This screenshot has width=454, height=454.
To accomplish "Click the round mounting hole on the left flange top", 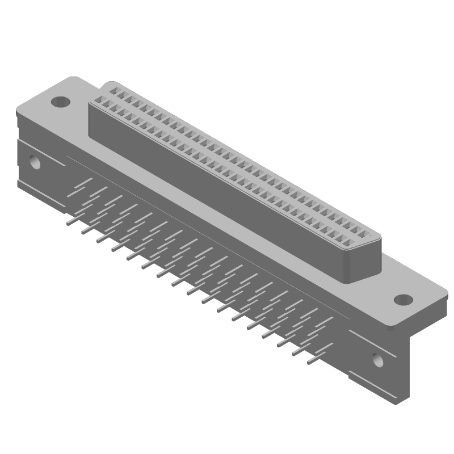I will [x=60, y=102].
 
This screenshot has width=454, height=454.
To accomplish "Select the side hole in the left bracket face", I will [x=35, y=163].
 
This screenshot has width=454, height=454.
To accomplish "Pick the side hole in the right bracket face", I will [x=377, y=359].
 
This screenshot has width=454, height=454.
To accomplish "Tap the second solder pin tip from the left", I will [x=83, y=233].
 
